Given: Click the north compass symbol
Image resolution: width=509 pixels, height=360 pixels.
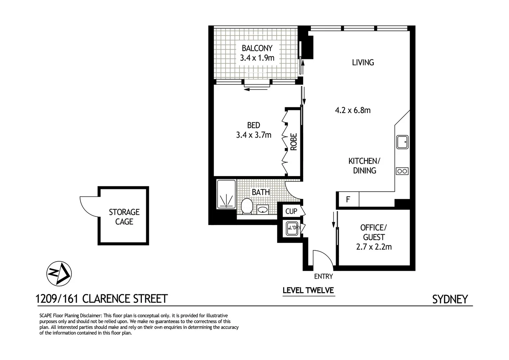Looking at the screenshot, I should click(59, 273).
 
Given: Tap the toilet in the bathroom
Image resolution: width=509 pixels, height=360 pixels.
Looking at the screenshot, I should click(247, 206).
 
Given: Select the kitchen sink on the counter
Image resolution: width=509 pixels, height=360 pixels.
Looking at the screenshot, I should click(402, 142).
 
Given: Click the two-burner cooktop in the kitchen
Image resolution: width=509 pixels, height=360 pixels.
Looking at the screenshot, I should click(402, 171).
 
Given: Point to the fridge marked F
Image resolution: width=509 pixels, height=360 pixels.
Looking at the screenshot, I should click(348, 200).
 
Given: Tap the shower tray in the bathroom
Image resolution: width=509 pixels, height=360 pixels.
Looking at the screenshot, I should click(226, 195).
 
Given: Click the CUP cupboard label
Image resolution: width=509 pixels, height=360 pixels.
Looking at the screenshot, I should click(291, 211).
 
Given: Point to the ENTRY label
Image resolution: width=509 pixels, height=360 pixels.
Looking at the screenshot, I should click(323, 276).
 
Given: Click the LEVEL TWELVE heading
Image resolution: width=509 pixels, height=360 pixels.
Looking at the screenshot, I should click(308, 290).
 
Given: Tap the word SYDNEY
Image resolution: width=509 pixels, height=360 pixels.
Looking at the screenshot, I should click(450, 299).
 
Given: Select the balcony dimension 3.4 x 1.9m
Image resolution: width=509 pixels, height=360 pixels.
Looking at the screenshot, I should click(257, 58).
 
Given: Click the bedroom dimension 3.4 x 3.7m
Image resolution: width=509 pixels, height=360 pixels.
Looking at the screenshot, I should click(254, 135).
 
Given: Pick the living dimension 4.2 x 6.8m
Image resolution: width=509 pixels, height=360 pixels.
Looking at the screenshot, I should click(353, 110).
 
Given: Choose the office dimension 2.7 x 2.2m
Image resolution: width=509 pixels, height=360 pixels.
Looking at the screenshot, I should click(374, 247).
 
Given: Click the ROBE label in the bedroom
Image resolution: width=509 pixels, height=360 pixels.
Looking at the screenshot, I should click(293, 142).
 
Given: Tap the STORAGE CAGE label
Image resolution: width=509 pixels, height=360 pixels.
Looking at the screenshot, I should click(124, 217).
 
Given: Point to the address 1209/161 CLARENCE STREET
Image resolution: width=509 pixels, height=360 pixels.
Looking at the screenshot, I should click(102, 299).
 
